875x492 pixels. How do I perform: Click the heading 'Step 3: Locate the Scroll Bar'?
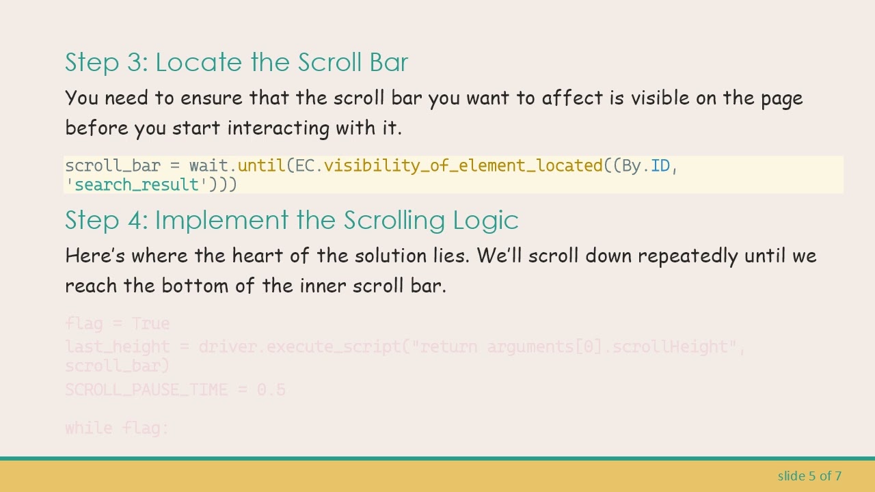(237, 62)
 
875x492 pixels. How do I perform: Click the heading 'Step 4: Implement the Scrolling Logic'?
(291, 220)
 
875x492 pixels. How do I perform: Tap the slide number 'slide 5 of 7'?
(809, 476)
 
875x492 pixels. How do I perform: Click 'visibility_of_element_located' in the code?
(463, 166)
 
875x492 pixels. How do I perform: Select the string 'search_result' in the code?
(137, 184)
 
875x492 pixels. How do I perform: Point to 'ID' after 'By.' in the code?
(660, 166)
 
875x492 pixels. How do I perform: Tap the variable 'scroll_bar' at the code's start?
(113, 166)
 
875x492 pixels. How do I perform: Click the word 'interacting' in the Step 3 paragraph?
(279, 128)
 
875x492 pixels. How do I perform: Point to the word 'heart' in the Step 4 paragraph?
(257, 256)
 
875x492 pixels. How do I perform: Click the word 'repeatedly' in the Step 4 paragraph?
(688, 256)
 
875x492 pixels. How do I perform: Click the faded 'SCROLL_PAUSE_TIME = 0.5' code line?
(175, 389)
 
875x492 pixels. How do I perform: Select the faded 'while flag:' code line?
(117, 428)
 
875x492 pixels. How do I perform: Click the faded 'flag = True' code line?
(117, 323)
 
